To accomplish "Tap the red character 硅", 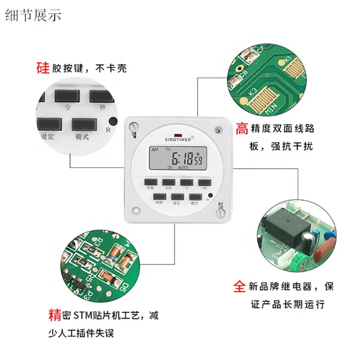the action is (x=43, y=68).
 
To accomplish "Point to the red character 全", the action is (x=239, y=286).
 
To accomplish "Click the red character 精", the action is (x=55, y=315).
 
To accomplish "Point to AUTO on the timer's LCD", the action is (x=183, y=167).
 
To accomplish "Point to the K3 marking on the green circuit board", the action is (x=253, y=91).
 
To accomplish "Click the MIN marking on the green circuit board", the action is (x=273, y=107).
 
